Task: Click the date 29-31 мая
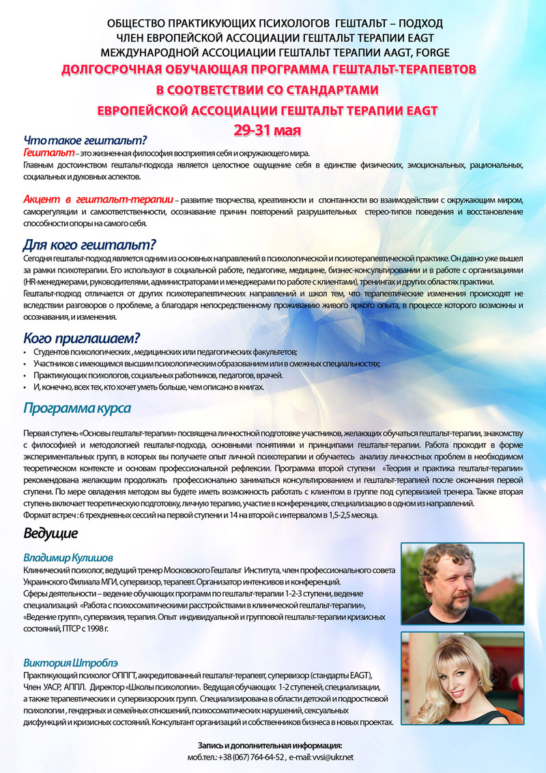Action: [274, 128]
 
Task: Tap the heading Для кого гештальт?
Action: [90, 244]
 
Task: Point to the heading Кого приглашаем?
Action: [82, 337]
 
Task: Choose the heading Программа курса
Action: [77, 408]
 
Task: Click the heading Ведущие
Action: [51, 532]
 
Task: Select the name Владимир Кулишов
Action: [68, 558]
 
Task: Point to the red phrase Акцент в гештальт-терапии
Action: [98, 199]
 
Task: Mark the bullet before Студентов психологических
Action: [26, 352]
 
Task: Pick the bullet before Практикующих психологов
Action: [26, 377]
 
